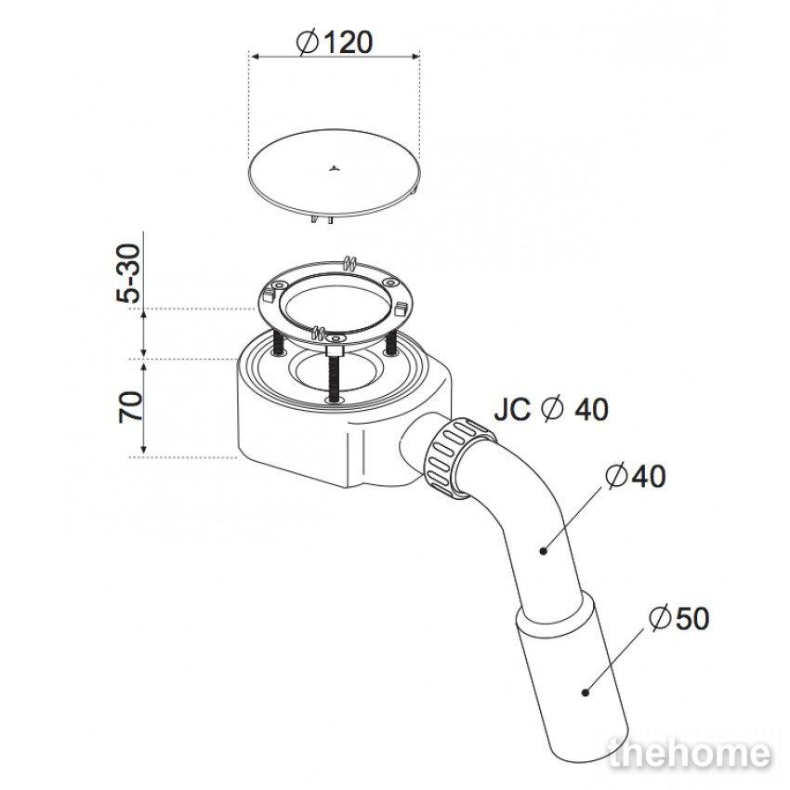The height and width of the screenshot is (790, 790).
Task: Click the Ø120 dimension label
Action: click(335, 43)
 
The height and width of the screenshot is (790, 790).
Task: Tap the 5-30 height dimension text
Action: click(128, 272)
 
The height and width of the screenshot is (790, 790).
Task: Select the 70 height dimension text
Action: click(130, 406)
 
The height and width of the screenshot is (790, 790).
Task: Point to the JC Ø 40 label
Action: click(551, 409)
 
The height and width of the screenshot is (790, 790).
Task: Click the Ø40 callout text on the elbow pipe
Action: click(635, 476)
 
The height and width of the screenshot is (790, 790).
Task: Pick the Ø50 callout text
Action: click(679, 618)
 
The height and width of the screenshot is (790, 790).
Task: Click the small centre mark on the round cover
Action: click(333, 169)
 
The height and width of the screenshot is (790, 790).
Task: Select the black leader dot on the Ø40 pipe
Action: click(543, 551)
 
